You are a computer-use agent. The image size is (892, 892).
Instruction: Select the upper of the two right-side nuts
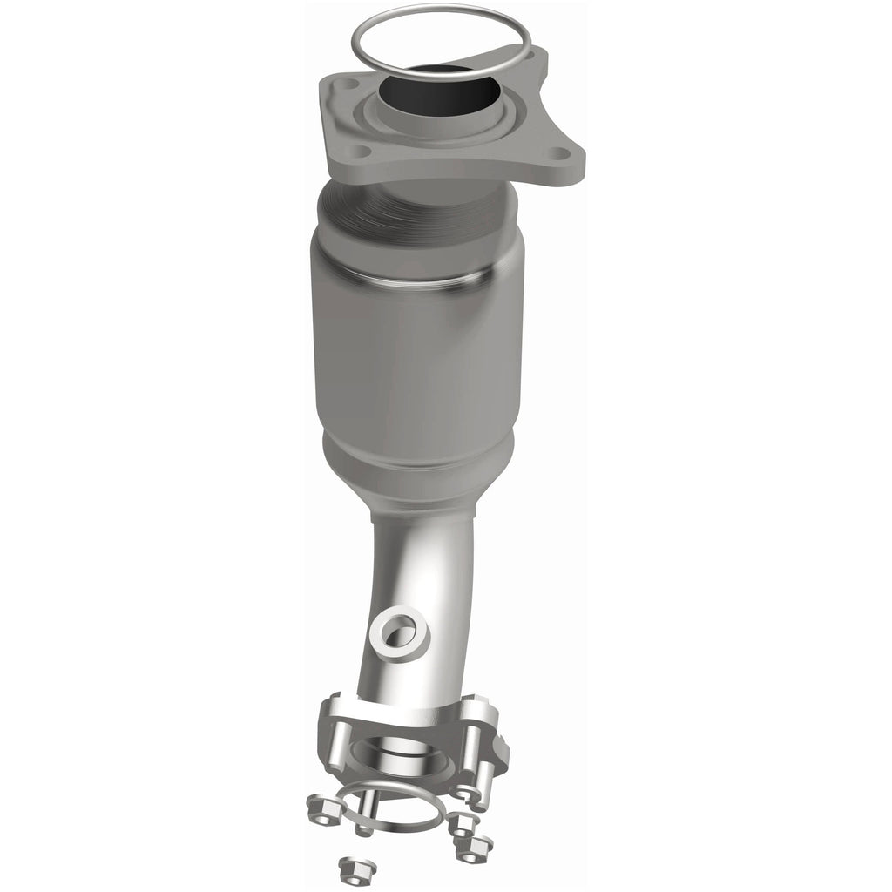pos(461,824)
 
